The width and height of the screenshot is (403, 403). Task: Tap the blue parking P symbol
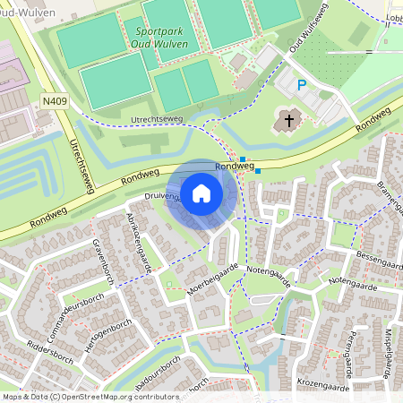[x=302, y=85]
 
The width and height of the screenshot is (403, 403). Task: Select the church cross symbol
[x=289, y=118]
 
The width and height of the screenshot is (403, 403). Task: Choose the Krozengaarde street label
[x=324, y=381]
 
